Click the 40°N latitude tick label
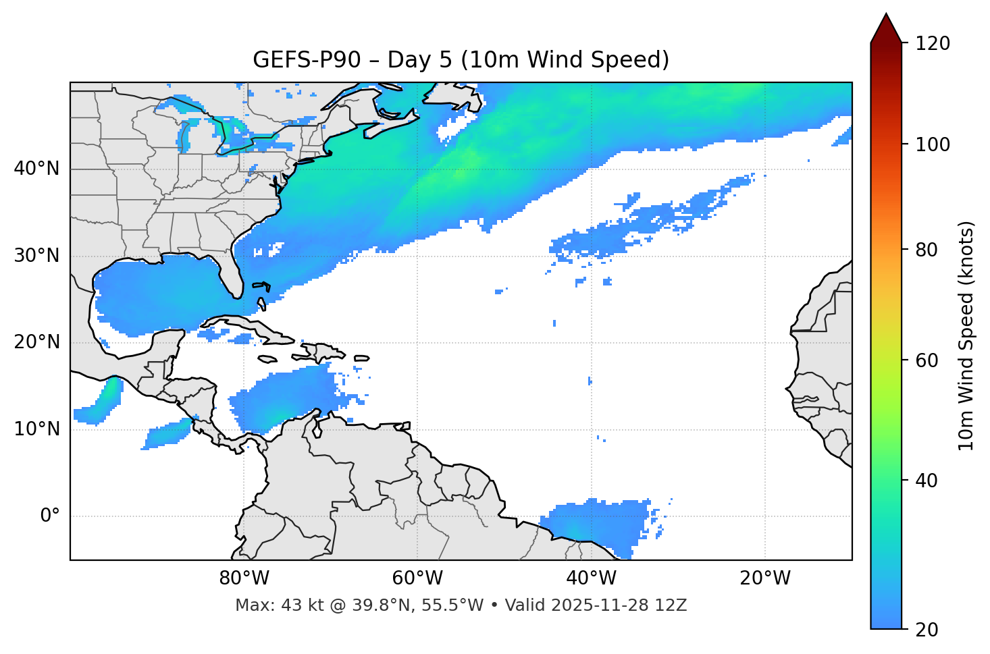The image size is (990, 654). coord(36,169)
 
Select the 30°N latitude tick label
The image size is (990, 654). coord(36,256)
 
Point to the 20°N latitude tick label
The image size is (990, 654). coord(36,342)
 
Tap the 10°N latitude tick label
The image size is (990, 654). coord(36,429)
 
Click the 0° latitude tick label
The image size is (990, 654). coord(50,516)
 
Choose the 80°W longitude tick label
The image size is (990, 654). coord(244,578)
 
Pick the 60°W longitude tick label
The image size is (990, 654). coord(417,578)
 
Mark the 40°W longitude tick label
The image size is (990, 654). coord(591,578)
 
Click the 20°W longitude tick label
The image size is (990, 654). coord(765,578)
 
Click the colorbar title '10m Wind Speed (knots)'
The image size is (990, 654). coord(966,336)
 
